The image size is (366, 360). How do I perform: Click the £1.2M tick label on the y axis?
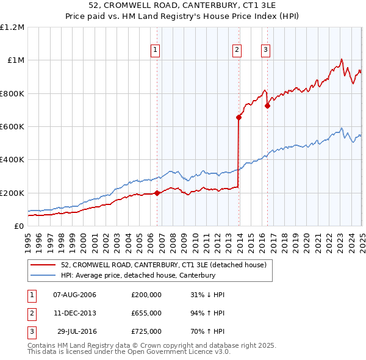click(x=12, y=27)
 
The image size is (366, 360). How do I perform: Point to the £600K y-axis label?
click(x=12, y=126)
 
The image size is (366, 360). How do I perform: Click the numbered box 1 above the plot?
click(x=156, y=51)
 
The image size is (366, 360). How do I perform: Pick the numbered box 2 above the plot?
click(x=237, y=51)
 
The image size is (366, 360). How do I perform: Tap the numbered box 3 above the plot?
click(x=266, y=51)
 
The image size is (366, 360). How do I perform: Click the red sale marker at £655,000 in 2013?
click(x=239, y=118)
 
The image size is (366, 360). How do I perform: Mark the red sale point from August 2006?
click(x=157, y=193)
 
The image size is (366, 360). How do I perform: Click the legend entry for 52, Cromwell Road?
click(x=163, y=265)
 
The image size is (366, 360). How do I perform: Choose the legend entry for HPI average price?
click(x=138, y=275)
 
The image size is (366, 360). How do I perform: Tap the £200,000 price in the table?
click(x=146, y=295)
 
